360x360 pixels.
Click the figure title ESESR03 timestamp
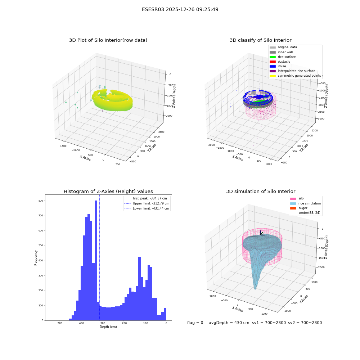click(x=180, y=9)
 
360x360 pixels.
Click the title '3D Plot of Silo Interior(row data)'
click(x=108, y=40)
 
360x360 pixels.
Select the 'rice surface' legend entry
click(x=283, y=57)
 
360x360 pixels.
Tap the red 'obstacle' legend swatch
click(x=273, y=62)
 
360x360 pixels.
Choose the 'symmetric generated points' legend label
click(x=300, y=76)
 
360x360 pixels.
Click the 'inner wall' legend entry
click(x=281, y=52)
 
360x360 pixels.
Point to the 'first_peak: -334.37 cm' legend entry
click(x=145, y=198)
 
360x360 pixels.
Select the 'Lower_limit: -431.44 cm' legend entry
click(x=147, y=208)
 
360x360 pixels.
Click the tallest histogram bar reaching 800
click(x=96, y=260)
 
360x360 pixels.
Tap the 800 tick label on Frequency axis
click(x=41, y=201)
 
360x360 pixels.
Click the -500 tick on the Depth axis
click(x=59, y=323)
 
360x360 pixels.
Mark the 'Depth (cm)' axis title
click(x=108, y=327)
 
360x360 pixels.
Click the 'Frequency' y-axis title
click(x=36, y=258)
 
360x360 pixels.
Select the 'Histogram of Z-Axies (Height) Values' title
click(x=108, y=192)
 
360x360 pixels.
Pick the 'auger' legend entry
click(x=299, y=208)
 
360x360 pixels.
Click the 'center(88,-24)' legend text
click(x=310, y=213)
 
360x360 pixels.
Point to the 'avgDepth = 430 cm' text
click(x=229, y=323)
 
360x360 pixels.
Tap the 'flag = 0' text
click(x=195, y=323)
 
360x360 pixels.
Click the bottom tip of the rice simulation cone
click(x=255, y=289)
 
